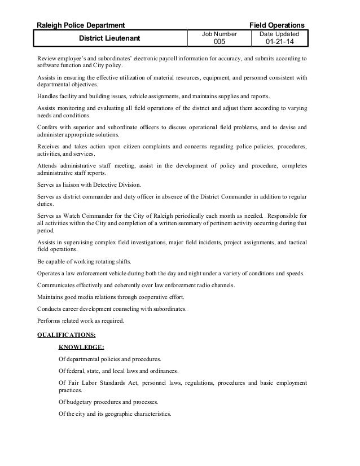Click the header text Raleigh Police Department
click(81, 25)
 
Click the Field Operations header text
click(277, 25)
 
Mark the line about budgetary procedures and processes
click(108, 402)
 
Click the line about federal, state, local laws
click(118, 371)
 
